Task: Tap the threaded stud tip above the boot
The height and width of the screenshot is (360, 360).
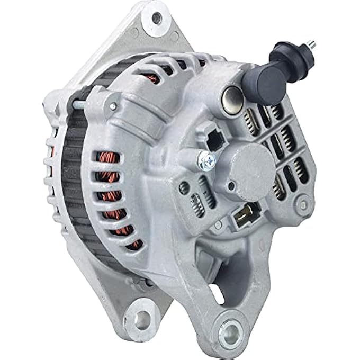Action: [313, 44]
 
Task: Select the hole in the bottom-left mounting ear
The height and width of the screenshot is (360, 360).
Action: [142, 319]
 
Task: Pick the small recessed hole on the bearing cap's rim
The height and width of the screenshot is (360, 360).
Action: [231, 185]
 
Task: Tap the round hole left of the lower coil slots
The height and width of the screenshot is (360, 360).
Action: [184, 187]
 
